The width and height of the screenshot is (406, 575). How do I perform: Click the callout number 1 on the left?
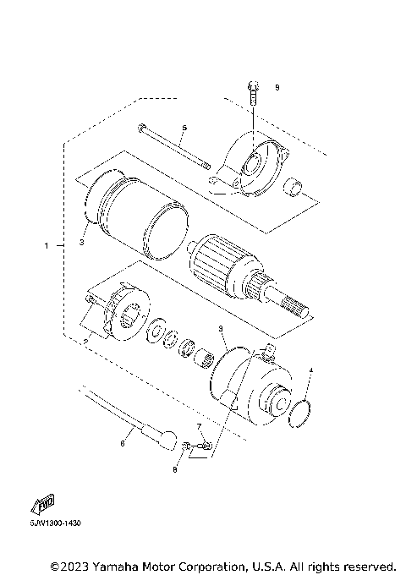(47, 246)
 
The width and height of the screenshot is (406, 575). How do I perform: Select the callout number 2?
(86, 340)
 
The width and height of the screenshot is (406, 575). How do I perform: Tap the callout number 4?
(310, 370)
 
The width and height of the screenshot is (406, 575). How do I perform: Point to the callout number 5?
(184, 128)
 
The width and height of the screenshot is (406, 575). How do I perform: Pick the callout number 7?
(199, 427)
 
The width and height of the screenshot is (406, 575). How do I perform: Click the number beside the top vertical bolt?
(276, 87)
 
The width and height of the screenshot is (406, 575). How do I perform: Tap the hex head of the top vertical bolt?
(252, 85)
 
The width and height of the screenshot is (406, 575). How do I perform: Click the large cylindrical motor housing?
(135, 216)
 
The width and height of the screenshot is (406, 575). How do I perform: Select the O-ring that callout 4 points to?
(302, 413)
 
